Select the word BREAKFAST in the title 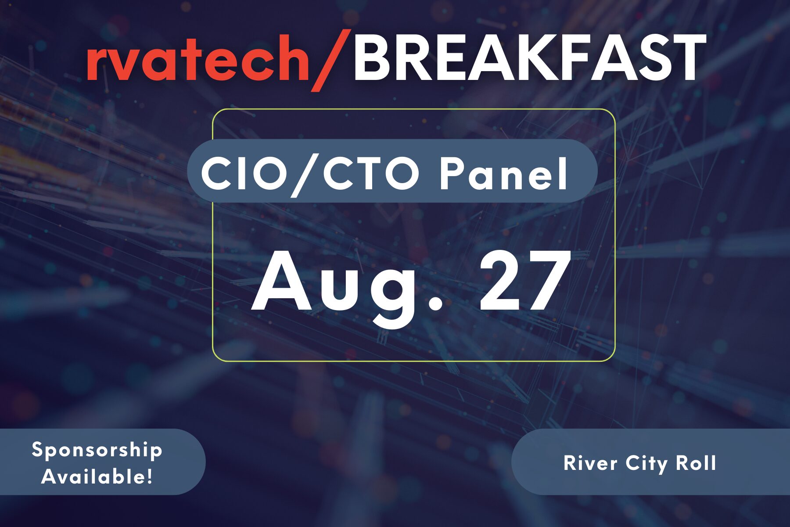click(529, 57)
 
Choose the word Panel click(504, 173)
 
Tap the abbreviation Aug click(347, 286)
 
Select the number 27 click(525, 281)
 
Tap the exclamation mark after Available click(149, 476)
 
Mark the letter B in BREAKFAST click(371, 57)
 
